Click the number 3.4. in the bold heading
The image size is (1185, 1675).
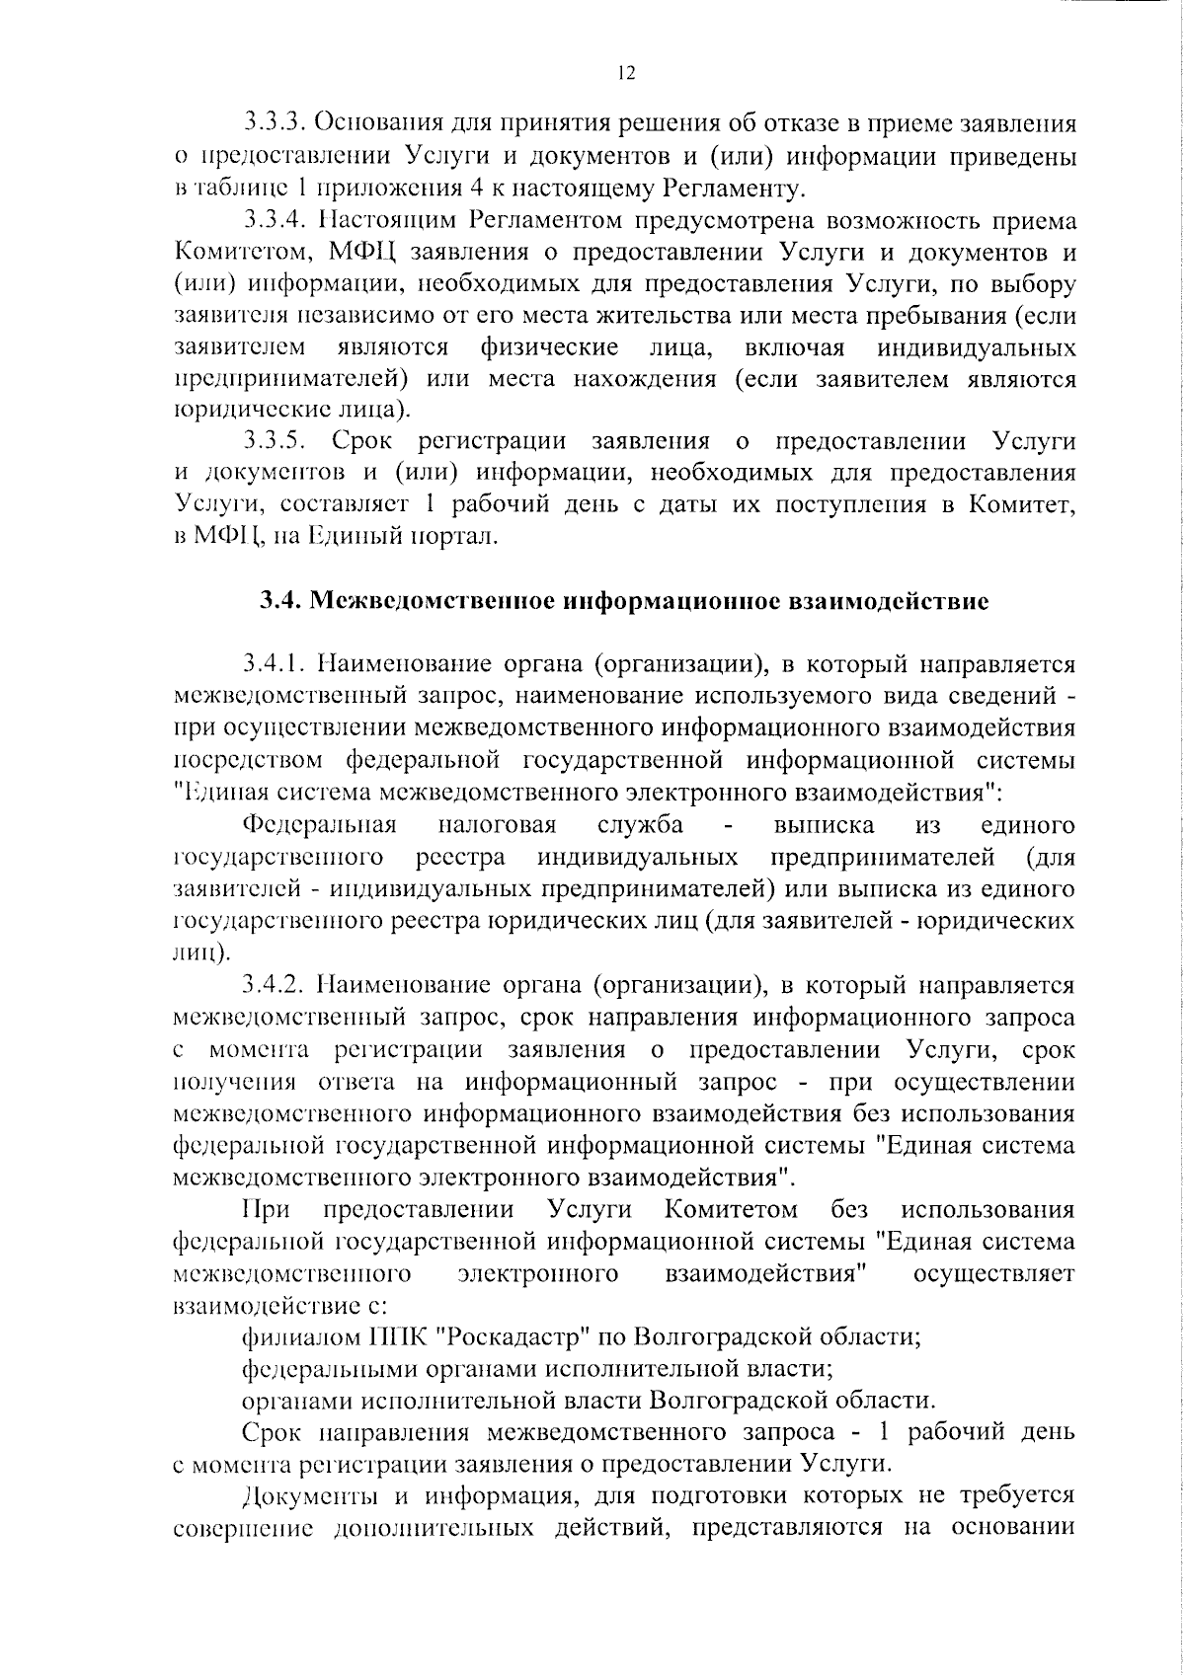pos(280,601)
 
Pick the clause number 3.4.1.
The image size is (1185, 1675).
pos(279,664)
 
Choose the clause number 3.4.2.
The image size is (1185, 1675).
pos(279,985)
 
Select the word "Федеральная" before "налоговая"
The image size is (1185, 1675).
pos(319,825)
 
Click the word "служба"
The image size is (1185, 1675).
pos(641,825)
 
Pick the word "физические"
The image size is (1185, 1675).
pos(549,348)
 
